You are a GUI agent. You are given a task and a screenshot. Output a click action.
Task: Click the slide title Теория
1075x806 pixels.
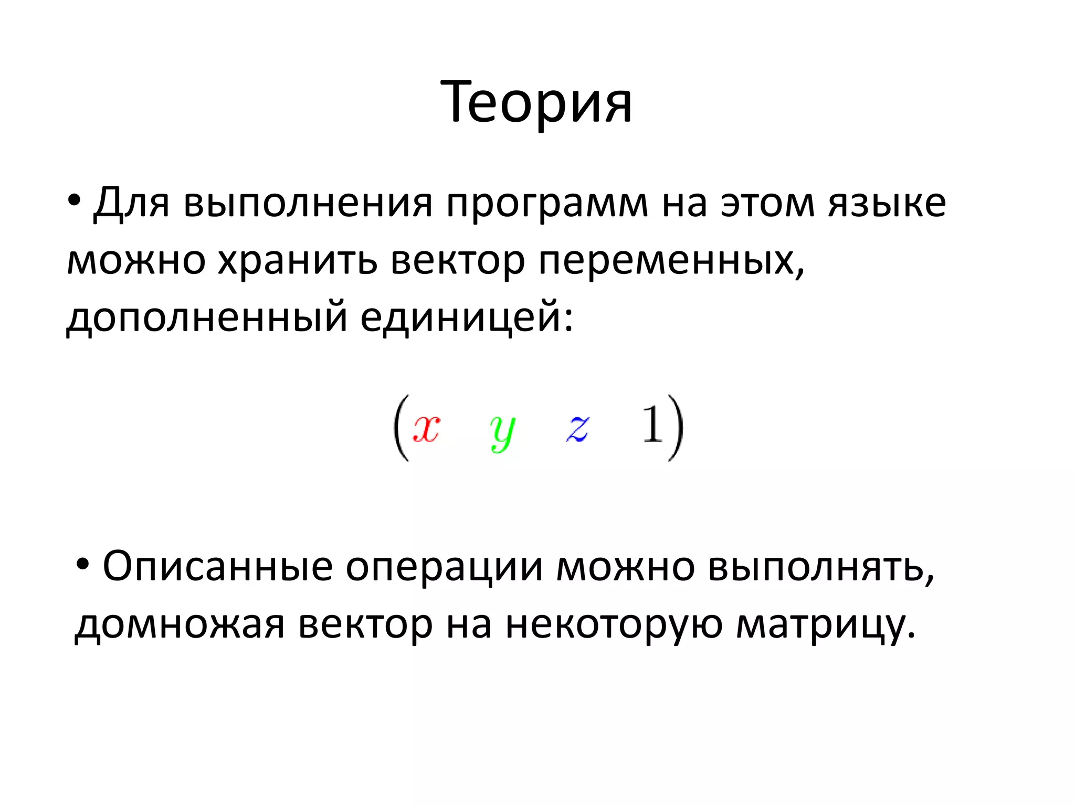pos(536,102)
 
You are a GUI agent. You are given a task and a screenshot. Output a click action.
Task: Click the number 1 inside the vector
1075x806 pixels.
pos(652,425)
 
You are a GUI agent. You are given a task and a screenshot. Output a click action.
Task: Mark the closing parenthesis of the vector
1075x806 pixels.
pos(676,428)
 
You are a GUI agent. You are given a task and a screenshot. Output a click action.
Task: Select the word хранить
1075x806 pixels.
pos(297,260)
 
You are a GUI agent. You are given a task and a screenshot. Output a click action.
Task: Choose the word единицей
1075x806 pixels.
pos(466,317)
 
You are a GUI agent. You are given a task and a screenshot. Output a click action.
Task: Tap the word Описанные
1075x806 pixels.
pos(217,567)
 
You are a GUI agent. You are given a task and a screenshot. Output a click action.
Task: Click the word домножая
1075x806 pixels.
pos(180,624)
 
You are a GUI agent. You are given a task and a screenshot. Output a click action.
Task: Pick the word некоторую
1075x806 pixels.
pos(614,624)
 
